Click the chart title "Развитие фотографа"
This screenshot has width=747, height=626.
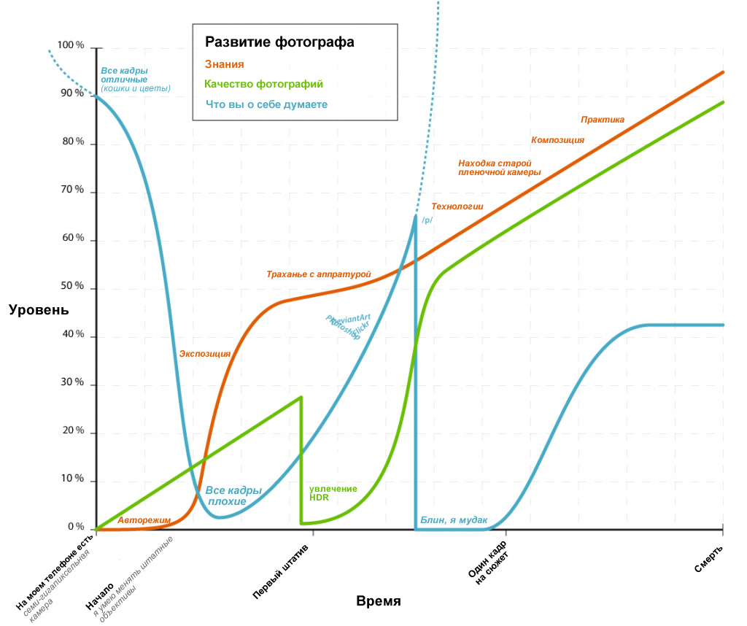[x=279, y=42]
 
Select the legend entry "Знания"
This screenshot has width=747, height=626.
[x=224, y=64]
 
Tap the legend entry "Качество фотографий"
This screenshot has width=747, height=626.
[x=264, y=85]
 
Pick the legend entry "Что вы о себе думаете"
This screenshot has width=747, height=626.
[x=266, y=104]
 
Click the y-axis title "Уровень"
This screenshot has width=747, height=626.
[x=39, y=309]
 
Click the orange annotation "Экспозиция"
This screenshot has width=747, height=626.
[x=205, y=354]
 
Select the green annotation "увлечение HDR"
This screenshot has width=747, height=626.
[x=333, y=492]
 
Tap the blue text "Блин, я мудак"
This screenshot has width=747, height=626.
[x=453, y=520]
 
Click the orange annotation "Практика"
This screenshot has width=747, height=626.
[x=603, y=119]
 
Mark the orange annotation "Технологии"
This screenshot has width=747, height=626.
[x=457, y=206]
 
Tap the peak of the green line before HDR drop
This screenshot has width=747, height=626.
[x=301, y=397]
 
